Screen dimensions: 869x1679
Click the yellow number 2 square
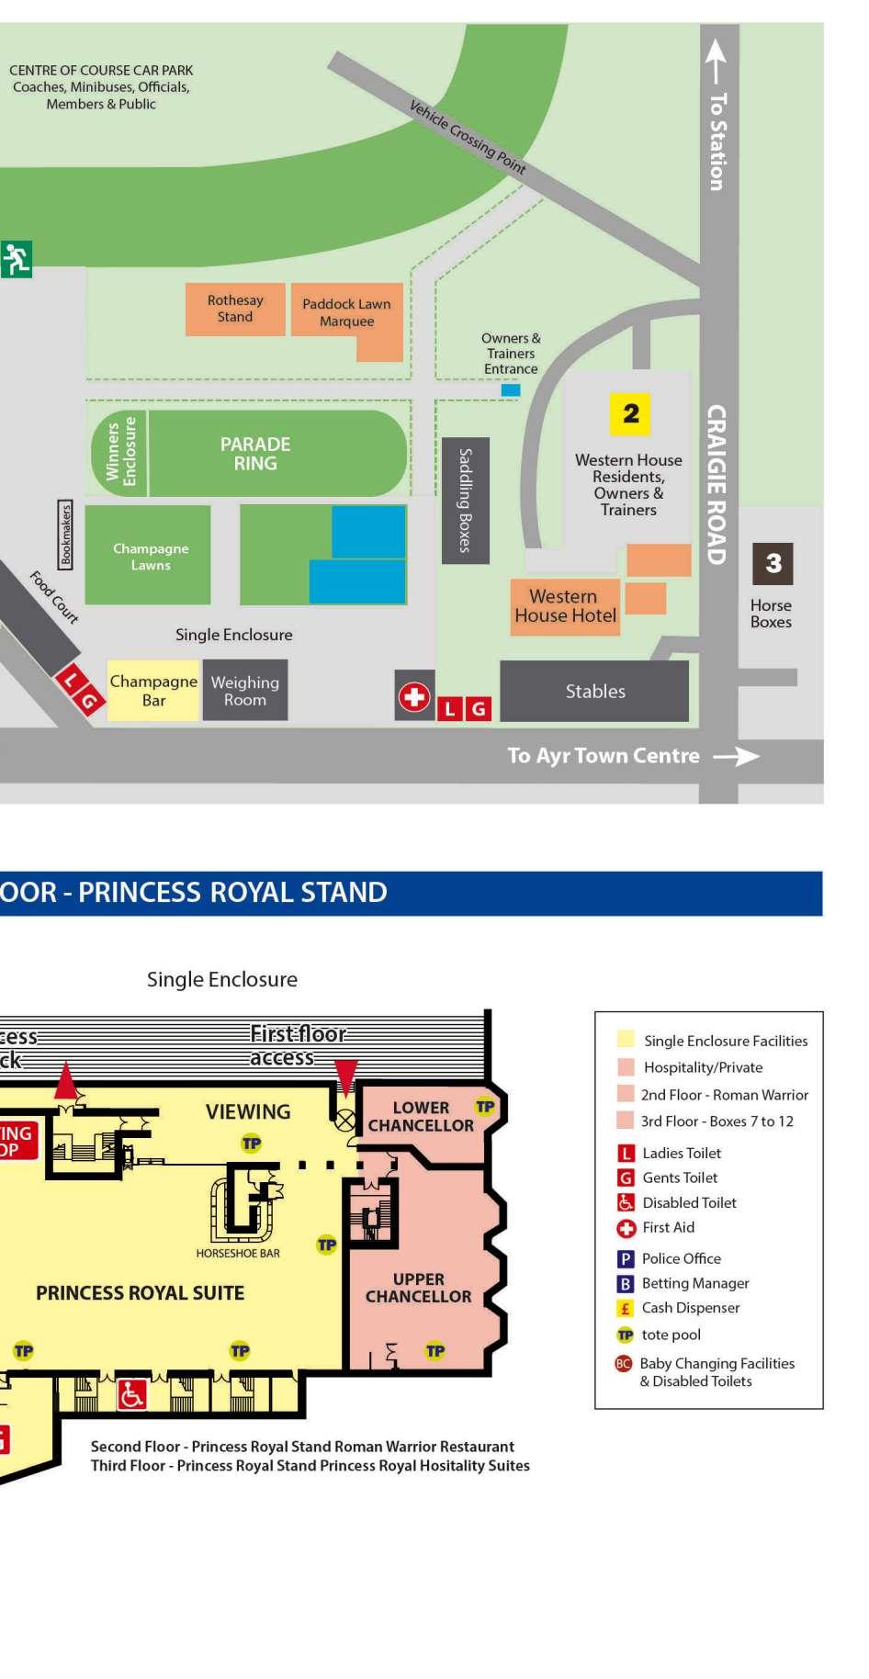click(630, 413)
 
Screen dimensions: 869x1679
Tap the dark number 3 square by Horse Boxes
click(773, 563)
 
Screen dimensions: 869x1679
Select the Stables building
click(594, 691)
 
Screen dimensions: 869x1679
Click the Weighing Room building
click(244, 691)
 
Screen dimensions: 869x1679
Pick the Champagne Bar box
click(153, 691)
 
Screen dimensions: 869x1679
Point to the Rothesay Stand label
click(235, 309)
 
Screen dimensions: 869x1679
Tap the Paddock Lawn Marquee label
click(346, 312)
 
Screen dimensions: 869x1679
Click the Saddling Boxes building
click(465, 501)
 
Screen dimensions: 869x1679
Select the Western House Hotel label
click(565, 606)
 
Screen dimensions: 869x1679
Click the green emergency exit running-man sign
click(16, 259)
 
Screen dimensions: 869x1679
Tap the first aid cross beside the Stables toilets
click(414, 697)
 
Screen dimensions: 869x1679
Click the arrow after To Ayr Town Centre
click(737, 757)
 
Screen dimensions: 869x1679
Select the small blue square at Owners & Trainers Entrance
click(511, 390)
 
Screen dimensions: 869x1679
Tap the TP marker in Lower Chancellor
click(485, 1107)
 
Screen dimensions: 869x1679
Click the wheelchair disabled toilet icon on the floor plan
click(132, 1396)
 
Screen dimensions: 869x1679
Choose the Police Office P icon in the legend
click(626, 1259)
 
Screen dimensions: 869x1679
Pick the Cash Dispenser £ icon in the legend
click(626, 1309)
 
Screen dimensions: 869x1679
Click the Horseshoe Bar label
click(238, 1253)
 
